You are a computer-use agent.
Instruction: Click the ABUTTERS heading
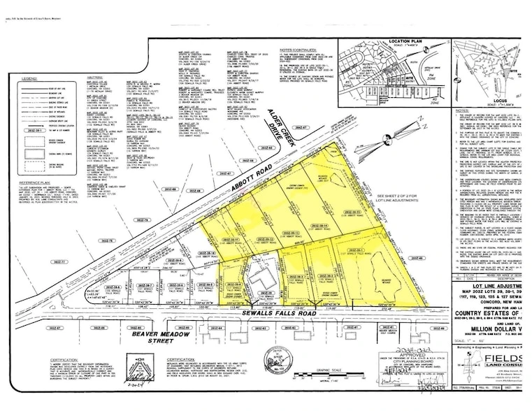[94, 78]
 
